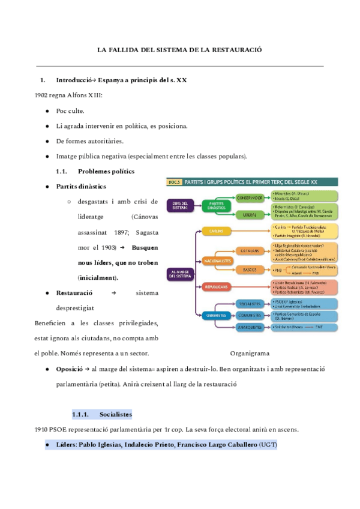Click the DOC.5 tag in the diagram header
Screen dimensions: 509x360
pos(174,181)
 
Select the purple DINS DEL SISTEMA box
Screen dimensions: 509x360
pos(180,206)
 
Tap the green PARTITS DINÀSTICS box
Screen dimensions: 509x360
pos(217,206)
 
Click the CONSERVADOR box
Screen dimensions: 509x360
pos(250,197)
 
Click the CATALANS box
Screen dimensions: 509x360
pos(250,251)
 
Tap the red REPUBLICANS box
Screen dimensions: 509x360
pos(217,288)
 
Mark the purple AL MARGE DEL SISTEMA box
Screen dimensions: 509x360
pos(180,274)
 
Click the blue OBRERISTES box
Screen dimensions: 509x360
pos(217,315)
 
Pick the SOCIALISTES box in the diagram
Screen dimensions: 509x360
pos(250,303)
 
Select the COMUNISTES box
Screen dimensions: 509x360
pos(250,315)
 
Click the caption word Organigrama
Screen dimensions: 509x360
pos(250,354)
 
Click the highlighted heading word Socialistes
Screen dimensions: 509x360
pos(116,414)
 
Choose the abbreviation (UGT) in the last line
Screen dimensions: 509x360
pos(268,444)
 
